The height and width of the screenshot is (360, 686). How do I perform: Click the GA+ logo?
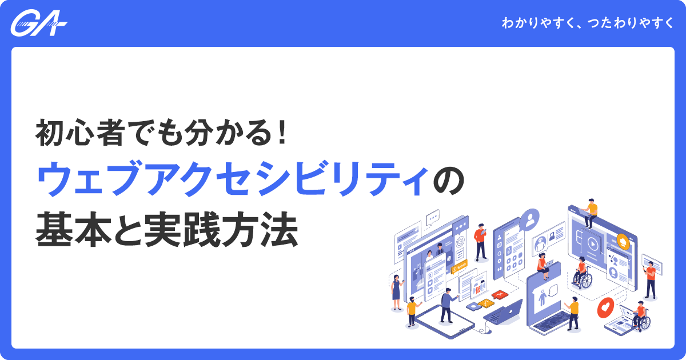[x=39, y=24]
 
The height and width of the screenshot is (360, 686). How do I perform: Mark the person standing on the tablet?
[x=446, y=304]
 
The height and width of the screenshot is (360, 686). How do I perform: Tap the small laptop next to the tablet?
[x=502, y=311]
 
